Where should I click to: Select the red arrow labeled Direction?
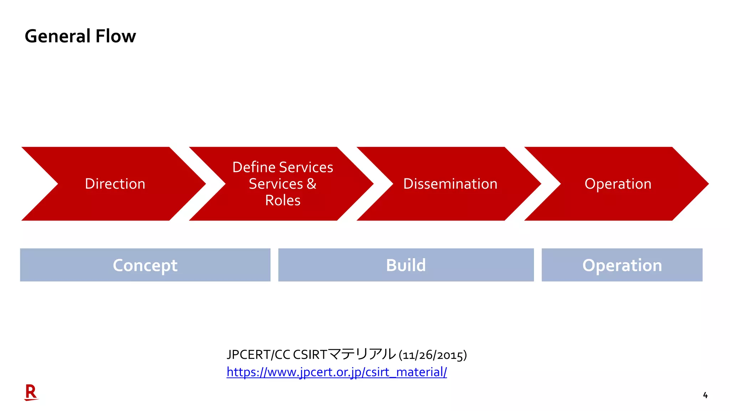coord(115,184)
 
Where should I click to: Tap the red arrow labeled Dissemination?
coord(450,184)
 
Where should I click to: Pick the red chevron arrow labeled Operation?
coord(618,184)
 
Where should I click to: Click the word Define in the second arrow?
coord(254,167)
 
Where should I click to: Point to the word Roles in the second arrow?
coord(283,201)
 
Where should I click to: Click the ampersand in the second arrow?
coord(311,184)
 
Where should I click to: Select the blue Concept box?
coord(145,265)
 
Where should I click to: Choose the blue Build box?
coord(406,265)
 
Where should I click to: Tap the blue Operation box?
coord(622,265)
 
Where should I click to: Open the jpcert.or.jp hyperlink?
coord(336,372)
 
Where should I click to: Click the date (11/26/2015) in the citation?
coord(433,355)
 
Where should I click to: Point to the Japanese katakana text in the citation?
coord(362,354)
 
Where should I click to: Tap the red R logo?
coord(31,392)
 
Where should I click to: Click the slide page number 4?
coord(705,395)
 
